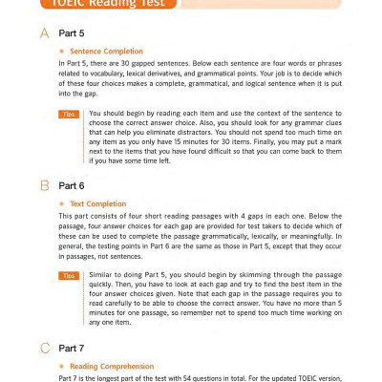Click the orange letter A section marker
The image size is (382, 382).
(44, 34)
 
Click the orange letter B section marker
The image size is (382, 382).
(44, 186)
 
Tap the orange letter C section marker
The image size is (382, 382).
(44, 348)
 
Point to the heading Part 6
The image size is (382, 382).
(73, 186)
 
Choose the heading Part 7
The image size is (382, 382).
(73, 348)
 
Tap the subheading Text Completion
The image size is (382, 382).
(97, 203)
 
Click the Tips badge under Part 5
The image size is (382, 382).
(69, 114)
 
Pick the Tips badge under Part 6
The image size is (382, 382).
(69, 275)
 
